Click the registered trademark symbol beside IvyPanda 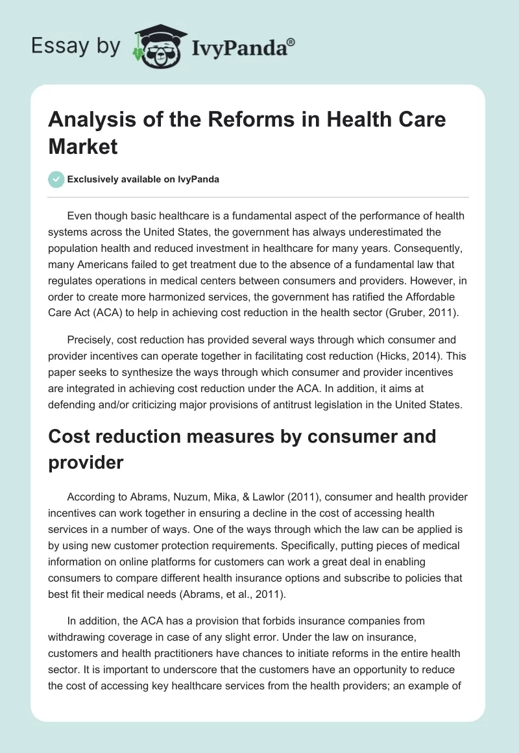[291, 42]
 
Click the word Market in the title [83, 146]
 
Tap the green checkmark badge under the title [56, 179]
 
